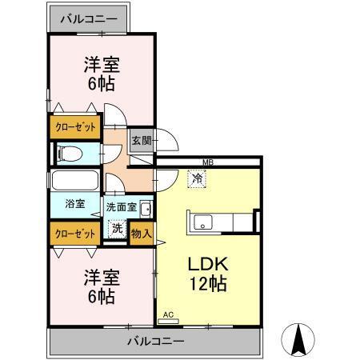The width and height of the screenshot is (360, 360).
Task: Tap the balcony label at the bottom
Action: coord(156,342)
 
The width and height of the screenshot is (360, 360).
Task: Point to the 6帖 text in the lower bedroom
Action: coord(101,297)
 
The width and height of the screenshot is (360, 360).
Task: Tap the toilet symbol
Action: coord(67,152)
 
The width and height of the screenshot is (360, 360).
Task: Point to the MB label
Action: coord(208,163)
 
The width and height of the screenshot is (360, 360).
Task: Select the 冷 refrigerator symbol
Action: coord(196,180)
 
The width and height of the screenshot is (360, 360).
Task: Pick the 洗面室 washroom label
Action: coord(121,207)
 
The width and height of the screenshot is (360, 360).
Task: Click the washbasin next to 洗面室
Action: coord(146,210)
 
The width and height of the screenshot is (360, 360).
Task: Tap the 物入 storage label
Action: coord(142,233)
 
